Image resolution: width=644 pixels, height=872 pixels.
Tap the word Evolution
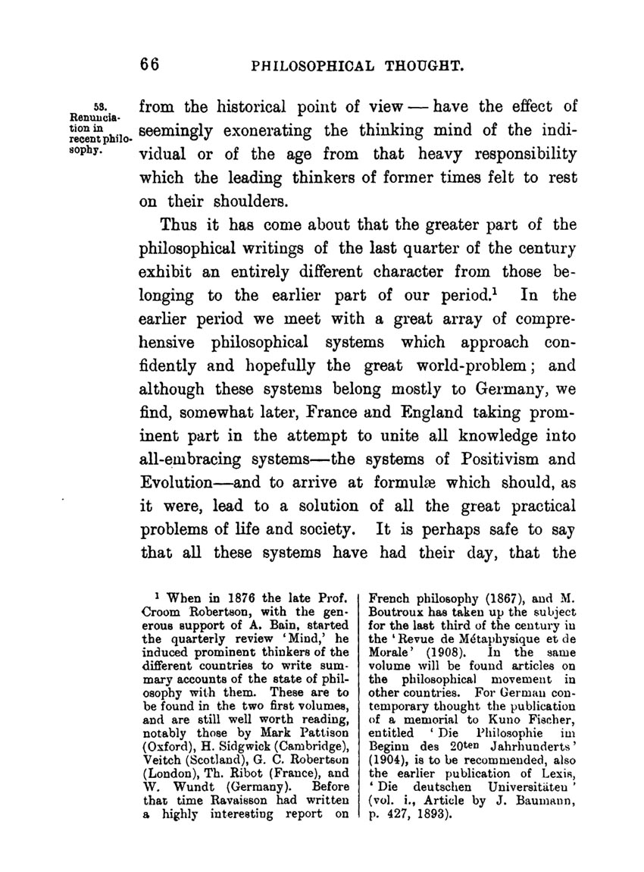(x=177, y=482)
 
